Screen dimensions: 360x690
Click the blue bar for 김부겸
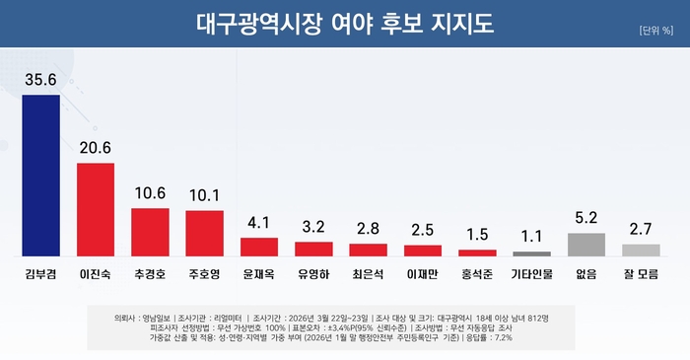point(40,176)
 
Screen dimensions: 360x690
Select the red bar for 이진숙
point(96,209)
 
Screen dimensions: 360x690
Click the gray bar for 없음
point(586,245)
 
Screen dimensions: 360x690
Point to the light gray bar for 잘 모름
point(641,250)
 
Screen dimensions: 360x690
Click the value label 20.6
point(96,148)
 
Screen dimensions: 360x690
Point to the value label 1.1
point(531,237)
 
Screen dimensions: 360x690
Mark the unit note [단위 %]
point(655,30)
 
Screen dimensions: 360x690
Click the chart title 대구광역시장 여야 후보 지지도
point(345,22)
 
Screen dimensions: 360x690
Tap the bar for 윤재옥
point(259,247)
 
